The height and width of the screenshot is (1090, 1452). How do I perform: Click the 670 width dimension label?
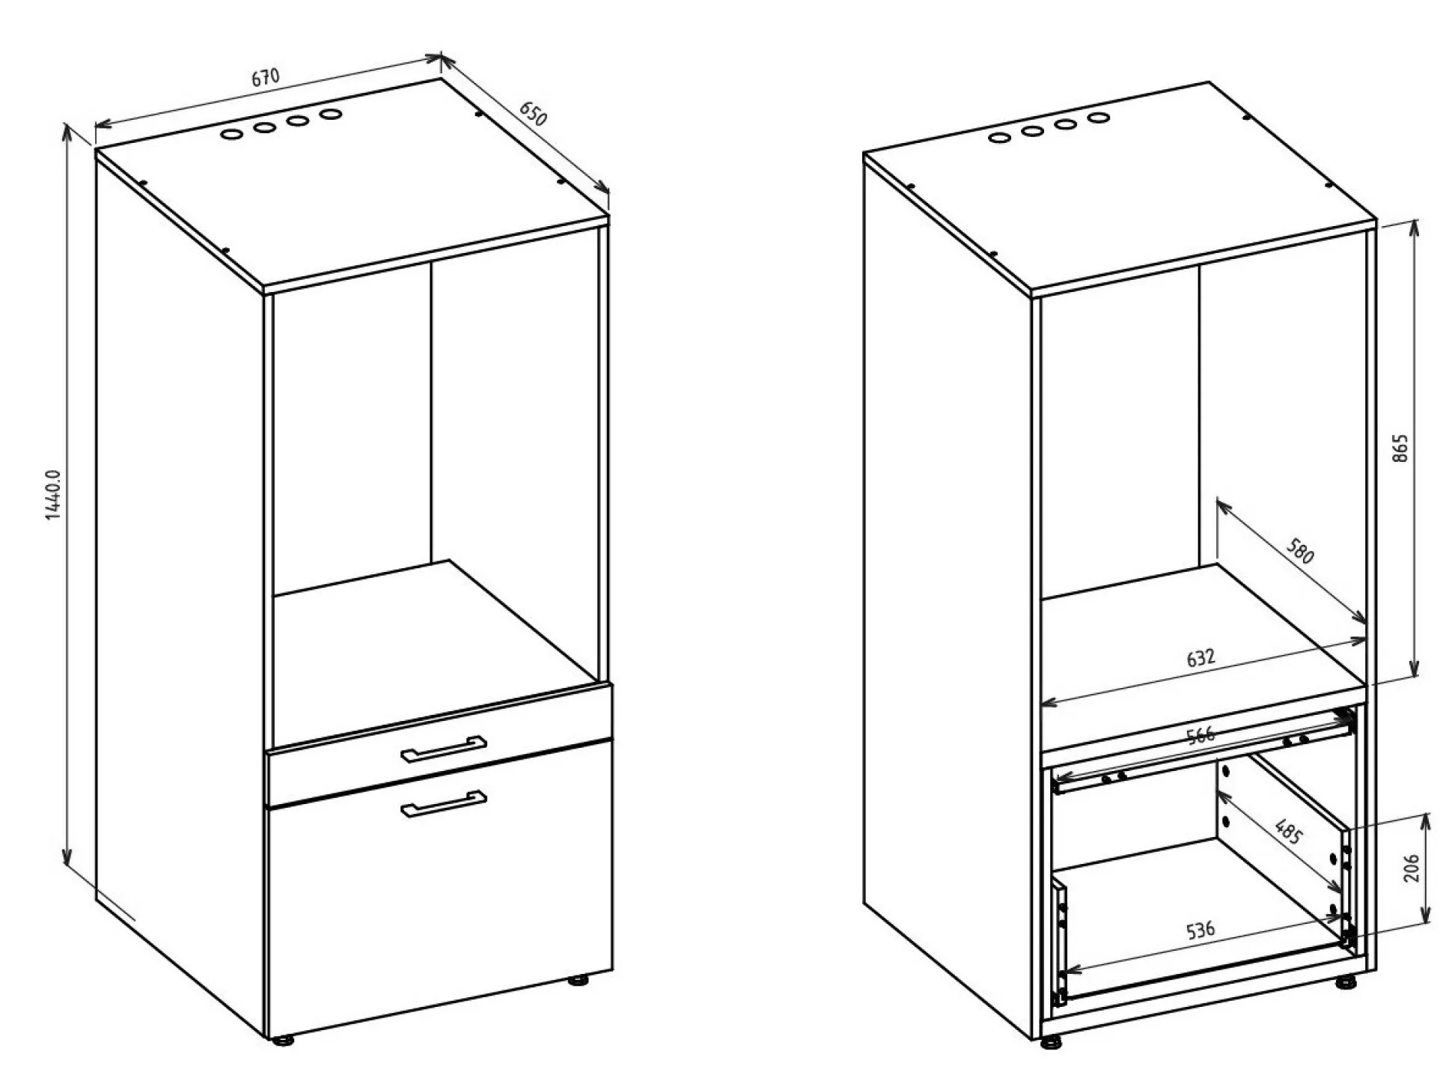pos(265,77)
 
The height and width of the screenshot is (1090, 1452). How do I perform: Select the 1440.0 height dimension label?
pos(53,495)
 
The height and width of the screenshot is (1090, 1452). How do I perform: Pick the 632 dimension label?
pos(1201,657)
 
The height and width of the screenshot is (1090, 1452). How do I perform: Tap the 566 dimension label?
pos(1201,735)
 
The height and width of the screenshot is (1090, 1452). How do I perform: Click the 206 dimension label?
pos(1412,868)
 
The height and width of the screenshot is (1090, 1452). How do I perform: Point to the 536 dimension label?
pos(1201,931)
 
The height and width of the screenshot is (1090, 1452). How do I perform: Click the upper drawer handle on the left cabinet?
pos(444,749)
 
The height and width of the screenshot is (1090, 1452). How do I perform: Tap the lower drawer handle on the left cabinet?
pos(444,803)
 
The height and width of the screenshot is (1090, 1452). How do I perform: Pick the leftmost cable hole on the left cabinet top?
pos(231,135)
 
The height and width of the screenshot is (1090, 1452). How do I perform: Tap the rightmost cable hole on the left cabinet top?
pos(331,115)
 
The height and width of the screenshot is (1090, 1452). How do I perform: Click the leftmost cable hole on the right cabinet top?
pos(998,138)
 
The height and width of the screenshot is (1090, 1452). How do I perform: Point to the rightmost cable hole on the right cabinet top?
pos(1098,118)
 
